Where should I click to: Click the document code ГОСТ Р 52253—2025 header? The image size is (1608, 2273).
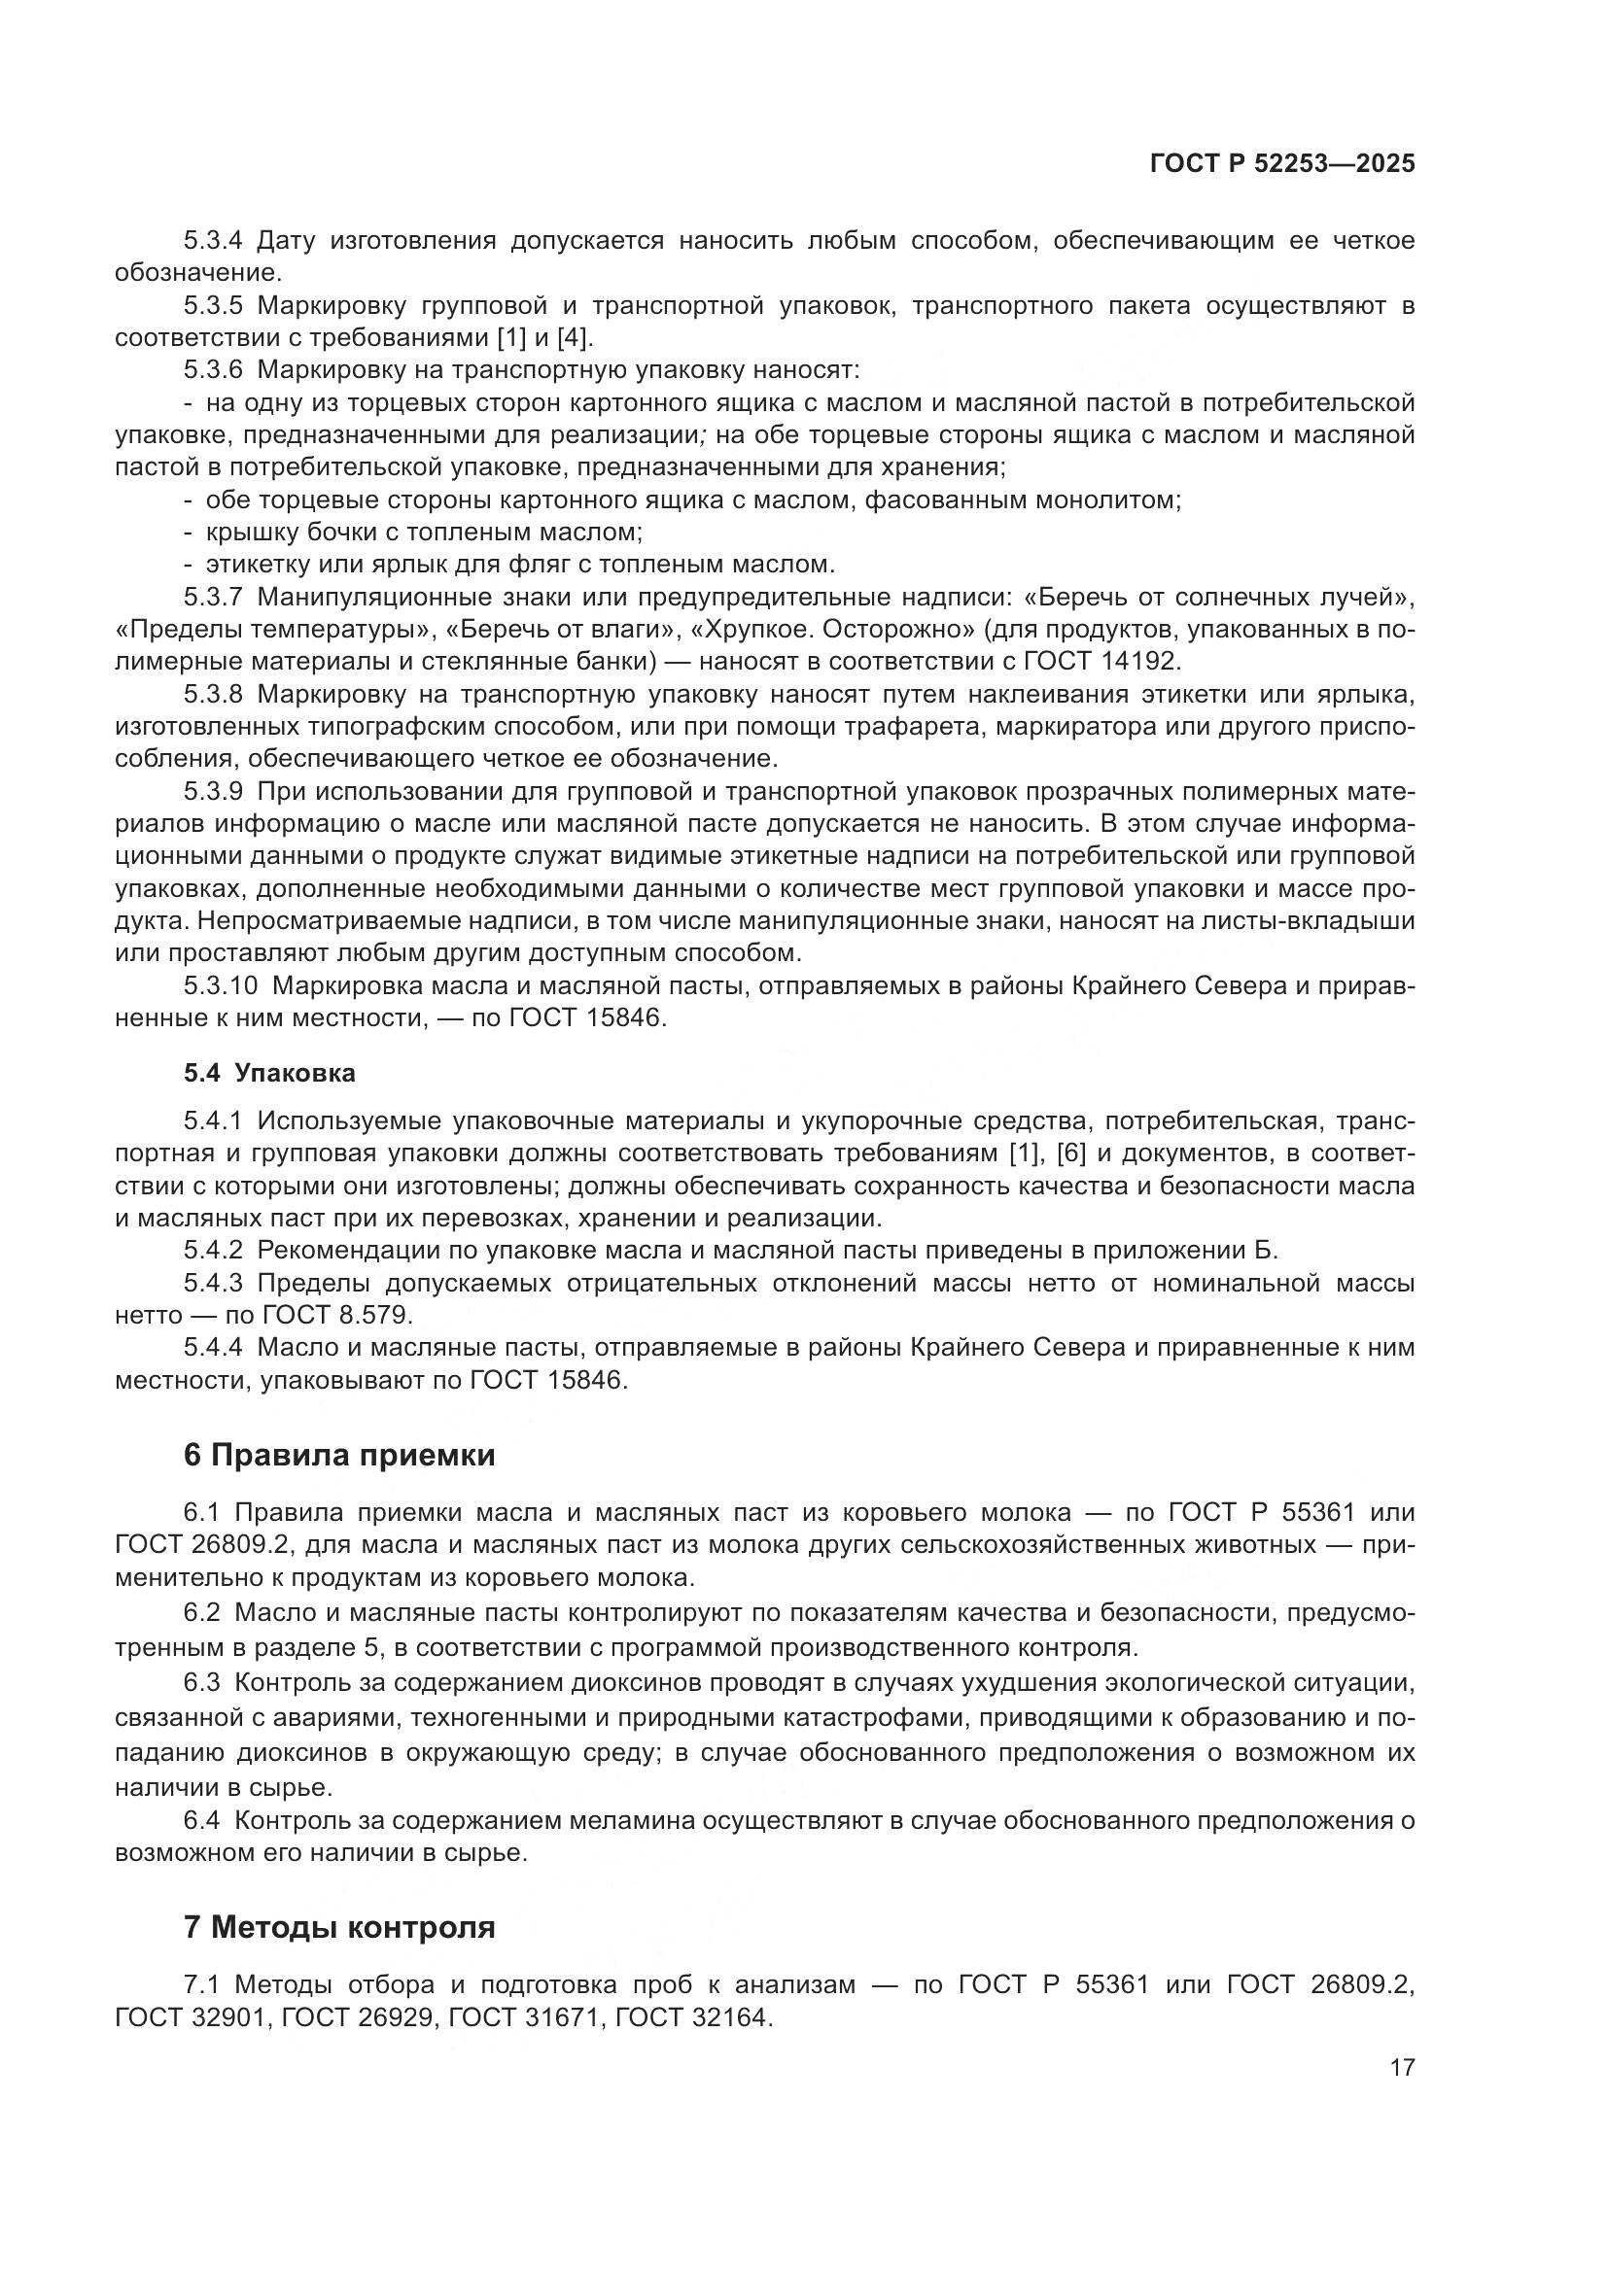[1282, 164]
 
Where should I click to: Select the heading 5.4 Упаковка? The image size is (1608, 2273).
[269, 1073]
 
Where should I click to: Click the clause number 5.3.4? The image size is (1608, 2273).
[212, 241]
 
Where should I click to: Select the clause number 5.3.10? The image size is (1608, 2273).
[220, 986]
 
